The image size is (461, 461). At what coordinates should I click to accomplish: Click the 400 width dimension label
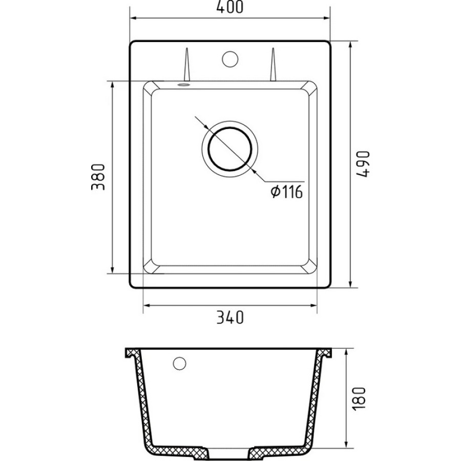coord(230,7)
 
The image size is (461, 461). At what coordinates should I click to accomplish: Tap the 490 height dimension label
coord(363,164)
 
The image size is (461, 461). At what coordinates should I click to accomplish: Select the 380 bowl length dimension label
coord(98,177)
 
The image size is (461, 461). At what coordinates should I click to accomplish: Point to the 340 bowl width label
coord(230,317)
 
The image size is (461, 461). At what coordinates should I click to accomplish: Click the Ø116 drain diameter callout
coord(287,192)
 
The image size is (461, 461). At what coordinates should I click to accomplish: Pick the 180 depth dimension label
coord(359,399)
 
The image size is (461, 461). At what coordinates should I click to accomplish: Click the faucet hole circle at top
coord(230,59)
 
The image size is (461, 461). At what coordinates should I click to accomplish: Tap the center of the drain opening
coord(230,149)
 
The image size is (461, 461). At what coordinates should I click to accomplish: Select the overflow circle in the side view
coord(179,363)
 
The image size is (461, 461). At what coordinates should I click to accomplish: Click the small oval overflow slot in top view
coord(183,85)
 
